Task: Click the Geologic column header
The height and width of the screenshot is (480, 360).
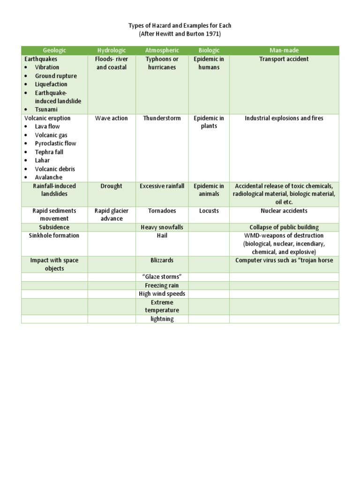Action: pos(54,50)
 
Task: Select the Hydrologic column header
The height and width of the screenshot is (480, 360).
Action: pos(112,50)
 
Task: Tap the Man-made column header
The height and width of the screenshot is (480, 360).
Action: pos(284,50)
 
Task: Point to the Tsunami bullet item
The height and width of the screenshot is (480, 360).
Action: pos(46,110)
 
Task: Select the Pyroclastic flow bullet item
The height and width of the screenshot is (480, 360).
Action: pos(55,143)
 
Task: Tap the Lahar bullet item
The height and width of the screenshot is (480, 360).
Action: pos(42,160)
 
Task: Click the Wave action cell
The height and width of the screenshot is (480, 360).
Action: pos(112,118)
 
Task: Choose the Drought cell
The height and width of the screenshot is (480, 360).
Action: pos(112,186)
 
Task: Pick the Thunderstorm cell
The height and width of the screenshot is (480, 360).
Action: pos(162,118)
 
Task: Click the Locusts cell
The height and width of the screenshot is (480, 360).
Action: pos(209,211)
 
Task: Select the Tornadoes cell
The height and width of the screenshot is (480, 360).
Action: pos(162,211)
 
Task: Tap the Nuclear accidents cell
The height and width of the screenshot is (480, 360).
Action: pos(284,211)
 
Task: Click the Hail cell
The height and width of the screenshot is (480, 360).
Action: pos(162,236)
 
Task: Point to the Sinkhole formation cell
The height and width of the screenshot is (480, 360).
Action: pos(54,236)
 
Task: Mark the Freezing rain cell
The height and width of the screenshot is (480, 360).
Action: pos(162,285)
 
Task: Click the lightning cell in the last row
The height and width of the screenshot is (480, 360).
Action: pos(162,319)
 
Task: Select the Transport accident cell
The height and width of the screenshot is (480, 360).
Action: pos(284,59)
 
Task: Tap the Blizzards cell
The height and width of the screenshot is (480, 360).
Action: pos(162,260)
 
